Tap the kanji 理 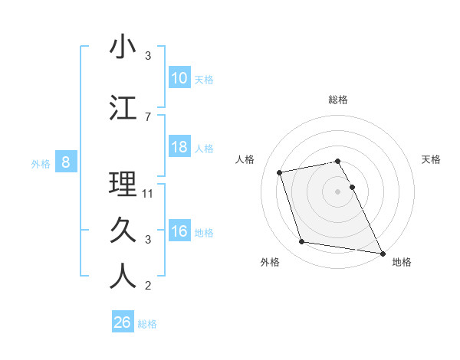point(123,184)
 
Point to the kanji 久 point(123,229)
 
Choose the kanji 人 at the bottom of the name point(123,277)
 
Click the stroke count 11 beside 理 point(149,194)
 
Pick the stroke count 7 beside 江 point(148,116)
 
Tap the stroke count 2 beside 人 point(148,286)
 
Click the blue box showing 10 point(179,78)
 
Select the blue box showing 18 point(179,147)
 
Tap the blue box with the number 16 point(179,232)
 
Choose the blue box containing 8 point(66,162)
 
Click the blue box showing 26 point(122,322)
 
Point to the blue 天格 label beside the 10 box point(204,79)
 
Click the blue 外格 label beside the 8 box point(41,163)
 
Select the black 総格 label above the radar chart point(338,100)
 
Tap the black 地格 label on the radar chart point(402,262)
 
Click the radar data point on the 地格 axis point(382,253)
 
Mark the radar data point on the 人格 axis point(280,172)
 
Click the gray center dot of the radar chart point(338,191)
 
